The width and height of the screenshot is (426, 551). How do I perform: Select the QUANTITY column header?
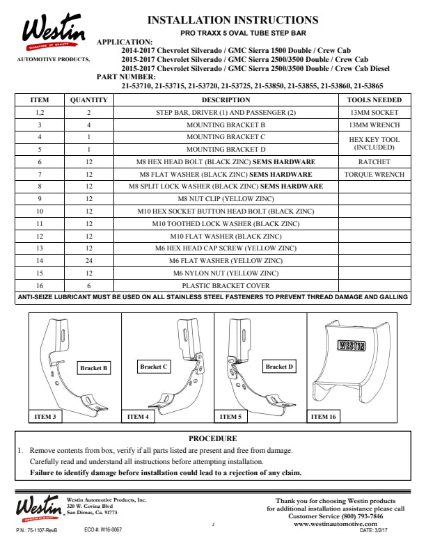pyautogui.click(x=89, y=100)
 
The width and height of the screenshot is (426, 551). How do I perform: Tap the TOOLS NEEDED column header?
pyautogui.click(x=374, y=100)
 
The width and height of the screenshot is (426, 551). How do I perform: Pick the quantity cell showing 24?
pyautogui.click(x=89, y=261)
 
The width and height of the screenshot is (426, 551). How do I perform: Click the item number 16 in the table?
pyautogui.click(x=40, y=286)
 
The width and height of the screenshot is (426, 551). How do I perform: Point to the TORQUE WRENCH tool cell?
pyautogui.click(x=374, y=175)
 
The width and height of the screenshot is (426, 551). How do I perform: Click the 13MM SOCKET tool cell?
pyautogui.click(x=374, y=113)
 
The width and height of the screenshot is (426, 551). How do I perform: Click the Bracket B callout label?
pyautogui.click(x=93, y=368)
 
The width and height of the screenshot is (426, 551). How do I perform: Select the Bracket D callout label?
pyautogui.click(x=279, y=366)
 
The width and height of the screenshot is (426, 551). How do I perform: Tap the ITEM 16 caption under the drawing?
pyautogui.click(x=324, y=417)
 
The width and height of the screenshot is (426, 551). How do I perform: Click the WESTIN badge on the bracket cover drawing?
pyautogui.click(x=353, y=344)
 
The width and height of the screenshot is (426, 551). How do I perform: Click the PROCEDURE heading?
pyautogui.click(x=212, y=439)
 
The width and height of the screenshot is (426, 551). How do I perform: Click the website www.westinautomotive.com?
pyautogui.click(x=340, y=525)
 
